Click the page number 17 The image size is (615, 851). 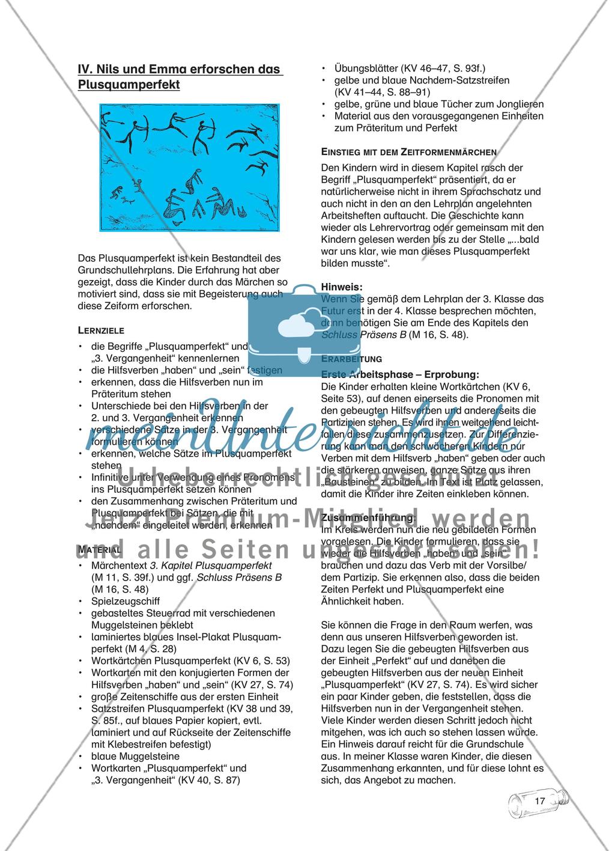click(539, 801)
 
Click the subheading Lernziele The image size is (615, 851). click(101, 330)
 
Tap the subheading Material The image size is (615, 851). click(100, 549)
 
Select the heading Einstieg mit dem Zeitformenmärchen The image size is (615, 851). click(409, 153)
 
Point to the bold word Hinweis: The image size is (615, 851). click(342, 287)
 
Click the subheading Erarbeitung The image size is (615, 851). click(352, 358)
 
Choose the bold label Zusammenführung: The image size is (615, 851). click(368, 517)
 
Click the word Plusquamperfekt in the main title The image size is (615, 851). click(129, 85)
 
